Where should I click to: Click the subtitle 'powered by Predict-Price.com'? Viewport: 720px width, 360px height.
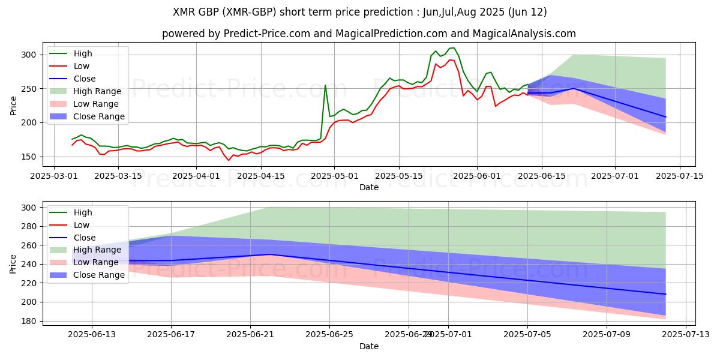point(368,34)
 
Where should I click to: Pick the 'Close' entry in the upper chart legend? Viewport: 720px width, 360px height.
point(85,79)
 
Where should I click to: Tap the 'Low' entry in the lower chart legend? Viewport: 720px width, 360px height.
point(82,225)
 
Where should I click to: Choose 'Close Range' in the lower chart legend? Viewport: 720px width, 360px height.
point(100,275)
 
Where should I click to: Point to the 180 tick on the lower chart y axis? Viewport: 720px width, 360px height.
point(35,321)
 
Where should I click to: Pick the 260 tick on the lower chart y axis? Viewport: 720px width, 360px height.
point(35,245)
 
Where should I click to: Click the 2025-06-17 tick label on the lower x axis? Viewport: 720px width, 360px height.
point(171,335)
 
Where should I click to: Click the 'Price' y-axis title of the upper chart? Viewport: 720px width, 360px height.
point(14,105)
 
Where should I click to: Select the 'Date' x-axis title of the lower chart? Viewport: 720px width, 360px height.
point(368,346)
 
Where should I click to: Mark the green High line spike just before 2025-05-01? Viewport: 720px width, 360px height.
point(325,85)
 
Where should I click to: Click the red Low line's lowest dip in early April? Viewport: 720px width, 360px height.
point(229,160)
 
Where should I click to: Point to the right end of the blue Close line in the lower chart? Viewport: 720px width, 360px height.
point(665,294)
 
